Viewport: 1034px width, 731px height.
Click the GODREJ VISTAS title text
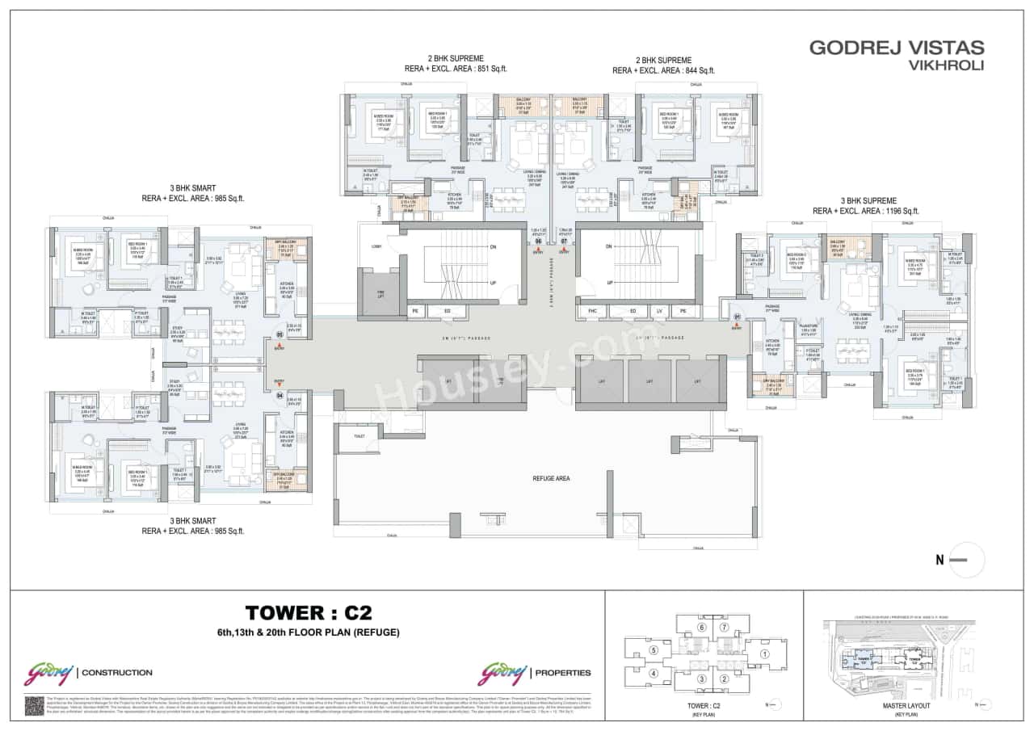click(x=897, y=48)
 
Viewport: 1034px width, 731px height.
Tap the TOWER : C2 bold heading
click(x=309, y=612)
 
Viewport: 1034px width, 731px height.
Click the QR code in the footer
click(x=34, y=705)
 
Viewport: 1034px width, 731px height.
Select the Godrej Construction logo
click(x=88, y=672)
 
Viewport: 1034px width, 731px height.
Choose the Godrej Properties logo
click(x=534, y=672)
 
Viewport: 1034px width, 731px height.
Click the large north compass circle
click(x=966, y=560)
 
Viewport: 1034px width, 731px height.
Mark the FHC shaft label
click(x=592, y=310)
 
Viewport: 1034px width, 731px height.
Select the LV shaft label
click(x=660, y=310)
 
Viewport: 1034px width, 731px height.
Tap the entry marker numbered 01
click(x=736, y=317)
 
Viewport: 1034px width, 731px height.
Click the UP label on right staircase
click(x=609, y=283)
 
